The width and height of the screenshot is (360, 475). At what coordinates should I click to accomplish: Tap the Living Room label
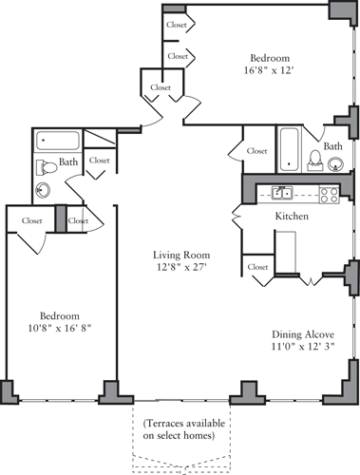click(181, 256)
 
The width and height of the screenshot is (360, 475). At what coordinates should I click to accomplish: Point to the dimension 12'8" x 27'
click(181, 270)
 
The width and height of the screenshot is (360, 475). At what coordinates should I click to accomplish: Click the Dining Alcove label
click(300, 333)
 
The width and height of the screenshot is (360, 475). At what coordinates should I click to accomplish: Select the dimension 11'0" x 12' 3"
click(300, 348)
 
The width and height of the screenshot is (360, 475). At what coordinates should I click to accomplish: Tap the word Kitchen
click(292, 218)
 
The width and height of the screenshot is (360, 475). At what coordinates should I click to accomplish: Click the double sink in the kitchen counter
click(281, 194)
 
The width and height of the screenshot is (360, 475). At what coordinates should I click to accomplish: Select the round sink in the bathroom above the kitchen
click(337, 164)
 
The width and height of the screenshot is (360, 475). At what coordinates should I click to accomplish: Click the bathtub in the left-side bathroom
click(57, 142)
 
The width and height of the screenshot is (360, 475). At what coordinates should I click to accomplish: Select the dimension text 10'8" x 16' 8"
click(59, 329)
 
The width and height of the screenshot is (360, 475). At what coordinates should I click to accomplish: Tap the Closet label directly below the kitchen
click(256, 268)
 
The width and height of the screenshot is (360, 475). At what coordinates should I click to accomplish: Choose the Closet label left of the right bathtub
click(256, 151)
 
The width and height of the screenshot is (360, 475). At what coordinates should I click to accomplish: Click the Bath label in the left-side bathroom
click(68, 163)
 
